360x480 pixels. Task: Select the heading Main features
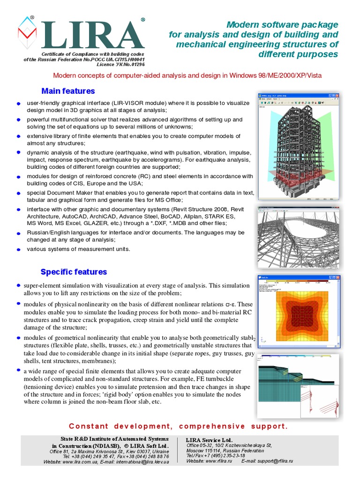pyautogui.click(x=68, y=91)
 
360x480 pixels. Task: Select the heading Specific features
pyautogui.click(x=74, y=272)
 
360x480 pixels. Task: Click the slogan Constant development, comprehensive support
pyautogui.click(x=178, y=426)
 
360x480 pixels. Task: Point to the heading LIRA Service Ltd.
pyautogui.click(x=209, y=440)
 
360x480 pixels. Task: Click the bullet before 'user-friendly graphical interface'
pyautogui.click(x=18, y=104)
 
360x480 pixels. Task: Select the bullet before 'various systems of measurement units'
pyautogui.click(x=18, y=250)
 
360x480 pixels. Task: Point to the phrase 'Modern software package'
pyautogui.click(x=282, y=24)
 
